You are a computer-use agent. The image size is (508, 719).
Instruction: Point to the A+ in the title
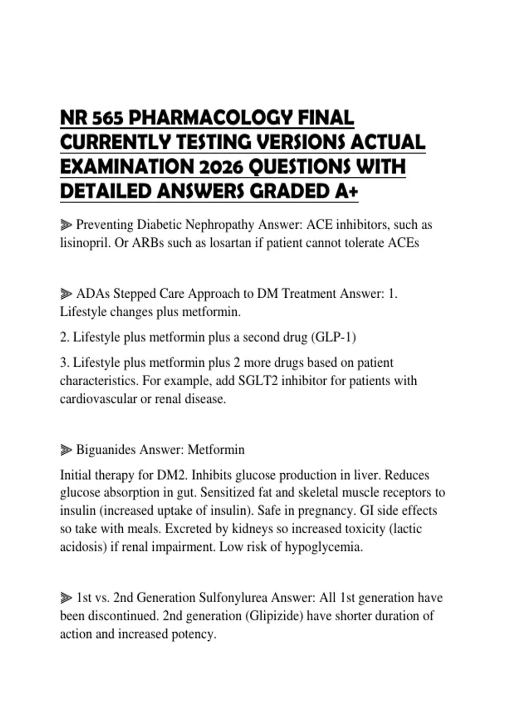(x=346, y=192)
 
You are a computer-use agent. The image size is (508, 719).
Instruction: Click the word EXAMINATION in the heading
(x=124, y=167)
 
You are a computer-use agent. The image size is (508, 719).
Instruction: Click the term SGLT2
(x=258, y=381)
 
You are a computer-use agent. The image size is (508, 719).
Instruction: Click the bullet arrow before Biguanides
(x=66, y=450)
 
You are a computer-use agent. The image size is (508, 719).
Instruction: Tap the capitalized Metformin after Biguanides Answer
(x=216, y=450)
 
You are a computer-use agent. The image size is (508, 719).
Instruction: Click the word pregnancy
(x=325, y=511)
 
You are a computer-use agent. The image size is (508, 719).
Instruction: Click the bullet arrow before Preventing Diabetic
(x=66, y=225)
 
